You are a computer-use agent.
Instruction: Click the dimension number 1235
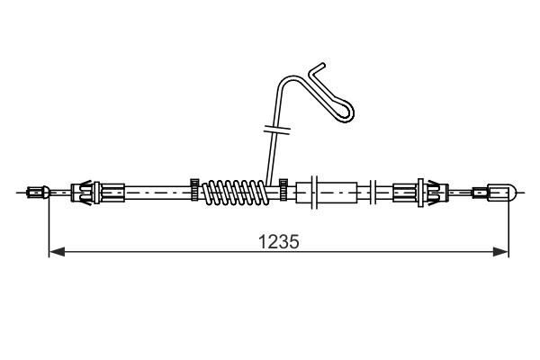(279, 241)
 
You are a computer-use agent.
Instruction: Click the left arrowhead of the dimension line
(54, 253)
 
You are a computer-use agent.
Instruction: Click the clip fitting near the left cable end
(86, 191)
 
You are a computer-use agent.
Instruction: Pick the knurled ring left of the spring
(193, 191)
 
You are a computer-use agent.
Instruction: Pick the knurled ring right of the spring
(283, 191)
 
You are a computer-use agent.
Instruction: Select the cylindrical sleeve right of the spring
(335, 191)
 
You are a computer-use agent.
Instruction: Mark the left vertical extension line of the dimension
(48, 225)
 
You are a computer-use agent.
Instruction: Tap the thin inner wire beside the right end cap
(468, 191)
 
